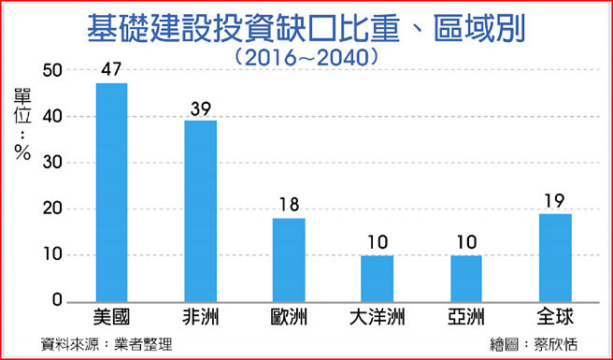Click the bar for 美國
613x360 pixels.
point(111,193)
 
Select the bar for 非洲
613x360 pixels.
point(200,211)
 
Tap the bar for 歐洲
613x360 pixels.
point(289,259)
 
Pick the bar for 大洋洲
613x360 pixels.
point(378,278)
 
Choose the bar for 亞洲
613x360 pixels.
point(466,278)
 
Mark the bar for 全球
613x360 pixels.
point(555,257)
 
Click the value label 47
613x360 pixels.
point(111,71)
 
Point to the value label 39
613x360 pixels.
point(200,108)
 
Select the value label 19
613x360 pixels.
point(555,201)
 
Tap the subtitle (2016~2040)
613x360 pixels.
point(306,56)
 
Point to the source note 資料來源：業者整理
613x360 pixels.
point(107,344)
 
